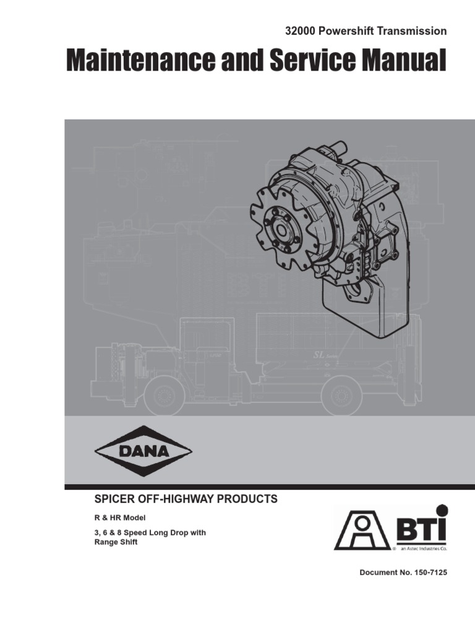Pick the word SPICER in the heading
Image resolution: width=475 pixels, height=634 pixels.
112,499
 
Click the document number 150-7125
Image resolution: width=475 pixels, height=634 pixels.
425,573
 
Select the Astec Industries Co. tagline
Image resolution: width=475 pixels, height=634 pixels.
423,549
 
